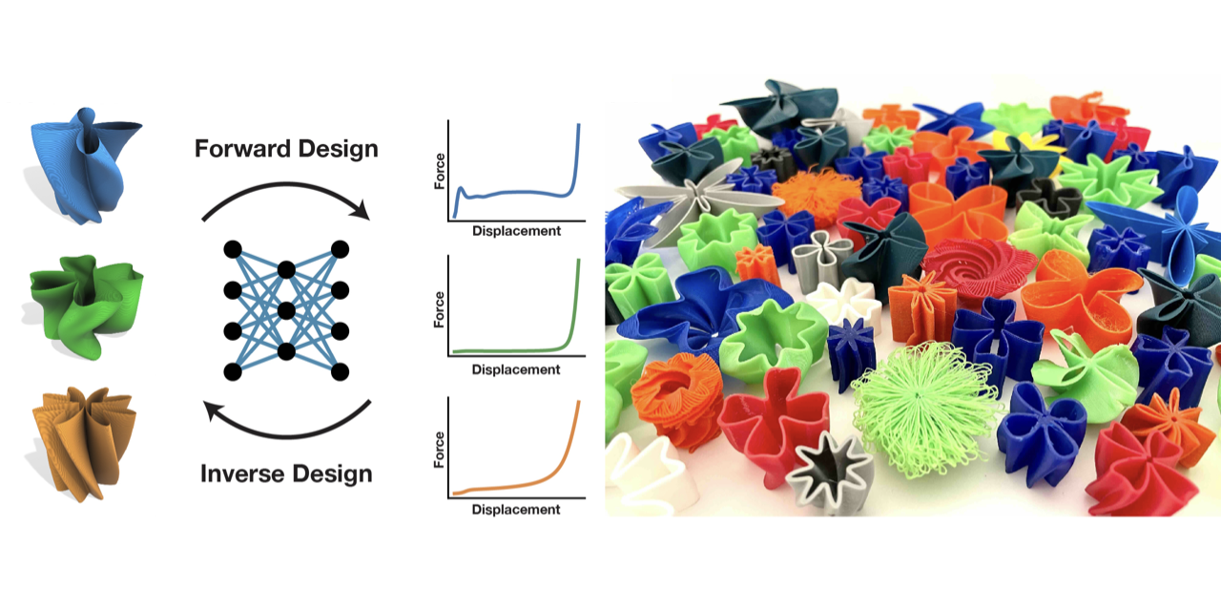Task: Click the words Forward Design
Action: pyautogui.click(x=286, y=149)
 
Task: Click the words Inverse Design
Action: pyautogui.click(x=286, y=474)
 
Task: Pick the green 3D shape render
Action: pyautogui.click(x=86, y=306)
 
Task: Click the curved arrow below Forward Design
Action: pyautogui.click(x=287, y=185)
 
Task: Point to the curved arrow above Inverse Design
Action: pyautogui.click(x=287, y=435)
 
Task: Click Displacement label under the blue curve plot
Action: pyautogui.click(x=516, y=231)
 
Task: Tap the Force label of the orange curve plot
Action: pyautogui.click(x=440, y=450)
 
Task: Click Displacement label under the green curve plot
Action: pyautogui.click(x=516, y=369)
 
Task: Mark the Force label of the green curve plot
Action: pyautogui.click(x=440, y=309)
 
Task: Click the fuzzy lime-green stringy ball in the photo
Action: pyautogui.click(x=924, y=410)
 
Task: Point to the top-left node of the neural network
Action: pyautogui.click(x=233, y=249)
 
